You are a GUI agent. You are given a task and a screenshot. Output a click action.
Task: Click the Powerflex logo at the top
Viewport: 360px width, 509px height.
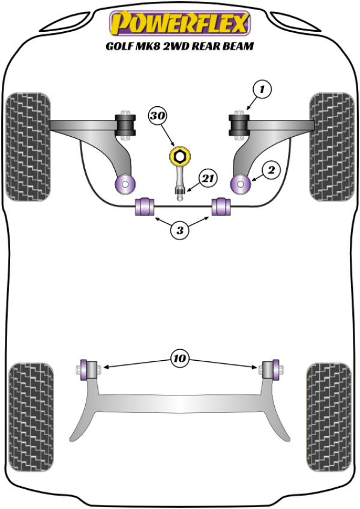179,23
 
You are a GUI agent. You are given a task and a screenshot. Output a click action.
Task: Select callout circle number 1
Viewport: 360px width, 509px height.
262,90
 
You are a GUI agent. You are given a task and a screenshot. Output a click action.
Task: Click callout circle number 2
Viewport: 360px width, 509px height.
271,171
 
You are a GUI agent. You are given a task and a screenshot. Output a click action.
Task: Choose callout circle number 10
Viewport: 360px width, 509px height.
179,360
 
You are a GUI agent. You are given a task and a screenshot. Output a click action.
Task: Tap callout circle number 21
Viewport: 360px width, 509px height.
208,178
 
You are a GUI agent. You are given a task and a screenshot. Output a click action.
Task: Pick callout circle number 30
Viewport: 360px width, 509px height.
157,115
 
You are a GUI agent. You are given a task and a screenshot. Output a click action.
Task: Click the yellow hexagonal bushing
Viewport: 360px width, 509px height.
179,157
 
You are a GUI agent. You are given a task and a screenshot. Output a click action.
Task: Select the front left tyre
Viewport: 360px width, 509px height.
28,145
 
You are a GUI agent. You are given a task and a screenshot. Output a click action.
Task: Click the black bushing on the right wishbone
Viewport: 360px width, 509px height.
239,125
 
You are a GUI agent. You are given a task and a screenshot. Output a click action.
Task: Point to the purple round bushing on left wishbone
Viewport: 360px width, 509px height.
125,183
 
